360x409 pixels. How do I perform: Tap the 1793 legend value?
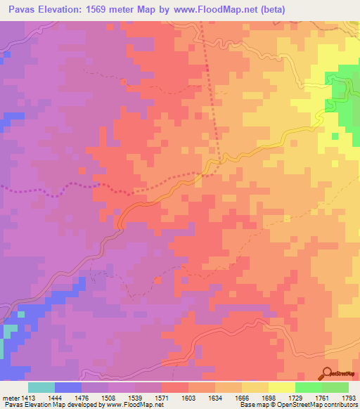(x=348, y=397)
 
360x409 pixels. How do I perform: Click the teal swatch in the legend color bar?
(x=41, y=387)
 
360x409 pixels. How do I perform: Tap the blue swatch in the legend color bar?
(x=68, y=387)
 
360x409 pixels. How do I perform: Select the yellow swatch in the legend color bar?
(x=281, y=387)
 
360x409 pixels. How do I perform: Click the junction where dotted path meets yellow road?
(x=207, y=171)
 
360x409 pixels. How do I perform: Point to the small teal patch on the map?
(x=9, y=331)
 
